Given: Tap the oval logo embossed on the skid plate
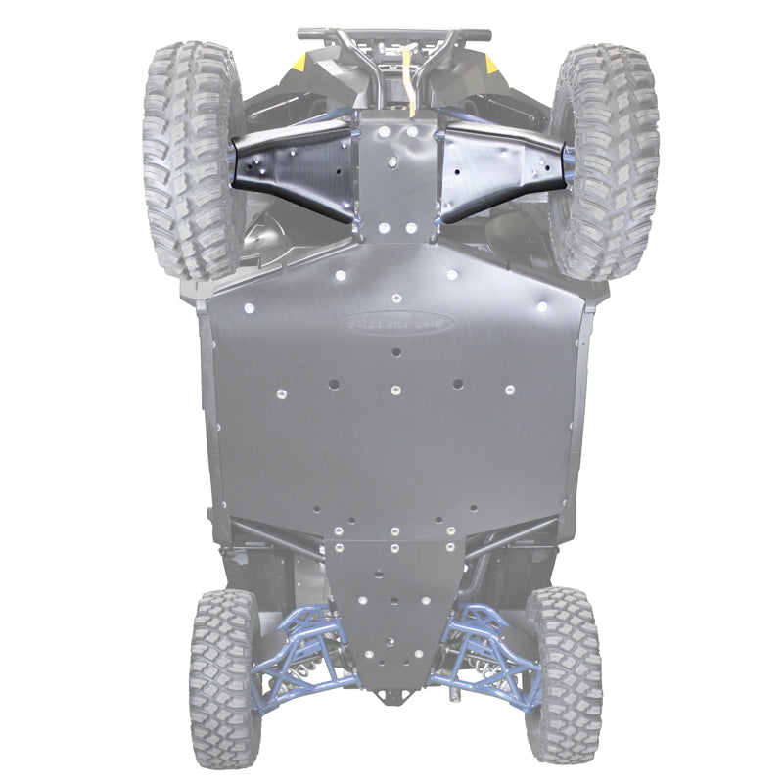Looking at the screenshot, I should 397,321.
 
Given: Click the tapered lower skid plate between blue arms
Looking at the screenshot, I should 391,607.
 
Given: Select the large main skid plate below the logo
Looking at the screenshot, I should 391,431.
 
